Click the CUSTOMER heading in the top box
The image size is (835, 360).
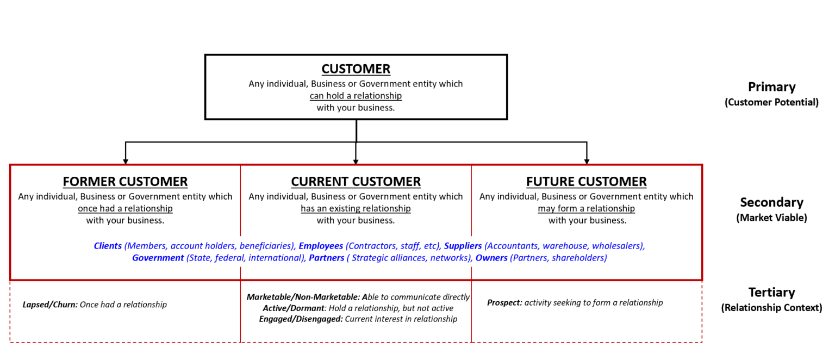click(x=356, y=69)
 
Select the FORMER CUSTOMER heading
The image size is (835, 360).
click(x=125, y=182)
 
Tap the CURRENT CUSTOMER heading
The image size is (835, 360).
click(x=356, y=182)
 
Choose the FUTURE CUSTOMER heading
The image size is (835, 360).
click(x=586, y=182)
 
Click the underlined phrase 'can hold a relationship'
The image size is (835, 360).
click(x=356, y=96)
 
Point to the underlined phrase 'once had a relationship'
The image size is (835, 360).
click(x=125, y=208)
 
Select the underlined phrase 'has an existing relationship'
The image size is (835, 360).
click(x=356, y=208)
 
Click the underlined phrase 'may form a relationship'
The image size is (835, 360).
click(x=586, y=208)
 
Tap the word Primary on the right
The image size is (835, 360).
click(x=771, y=87)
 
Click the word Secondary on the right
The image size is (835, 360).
click(x=771, y=202)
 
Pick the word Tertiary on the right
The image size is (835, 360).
click(x=771, y=293)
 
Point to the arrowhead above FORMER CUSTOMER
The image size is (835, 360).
click(x=126, y=161)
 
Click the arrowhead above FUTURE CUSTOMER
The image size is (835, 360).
click(x=587, y=161)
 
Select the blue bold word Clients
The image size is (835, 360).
click(x=108, y=246)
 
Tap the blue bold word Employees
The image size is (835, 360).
click(x=321, y=246)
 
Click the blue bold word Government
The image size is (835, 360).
click(x=158, y=258)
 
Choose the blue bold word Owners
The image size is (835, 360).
click(x=491, y=258)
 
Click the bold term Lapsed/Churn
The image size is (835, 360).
click(x=50, y=305)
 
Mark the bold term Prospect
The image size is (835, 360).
click(x=504, y=302)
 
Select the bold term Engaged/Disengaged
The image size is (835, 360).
click(x=301, y=319)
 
